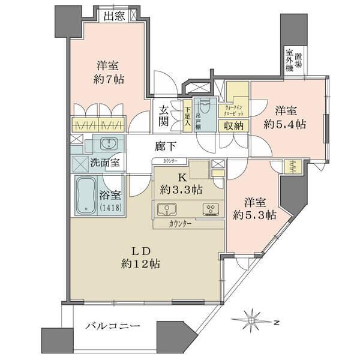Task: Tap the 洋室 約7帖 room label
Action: coord(109,71)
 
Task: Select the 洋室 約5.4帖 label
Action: coord(286,118)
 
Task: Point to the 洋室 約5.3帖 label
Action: coord(254,208)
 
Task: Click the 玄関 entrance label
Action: coord(164,115)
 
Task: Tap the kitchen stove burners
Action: coord(211,209)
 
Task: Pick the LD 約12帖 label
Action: coord(142,256)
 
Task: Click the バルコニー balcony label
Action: coord(112,326)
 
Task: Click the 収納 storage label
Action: coord(234,126)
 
